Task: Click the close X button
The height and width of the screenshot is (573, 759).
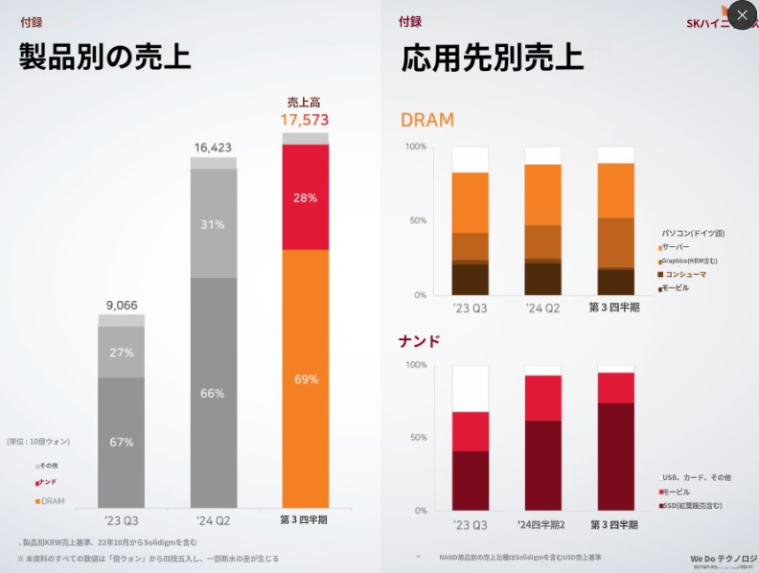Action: point(742,15)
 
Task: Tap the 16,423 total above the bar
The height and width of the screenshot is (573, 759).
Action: point(213,148)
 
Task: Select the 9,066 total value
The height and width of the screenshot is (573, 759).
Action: point(122,306)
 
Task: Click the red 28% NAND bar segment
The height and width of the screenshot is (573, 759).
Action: point(306,196)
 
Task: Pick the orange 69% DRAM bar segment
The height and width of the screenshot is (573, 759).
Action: point(306,378)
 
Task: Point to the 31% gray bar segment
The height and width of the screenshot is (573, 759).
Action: point(213,224)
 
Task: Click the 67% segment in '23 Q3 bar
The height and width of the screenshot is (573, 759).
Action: point(122,442)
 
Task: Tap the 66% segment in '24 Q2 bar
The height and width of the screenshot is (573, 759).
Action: point(213,393)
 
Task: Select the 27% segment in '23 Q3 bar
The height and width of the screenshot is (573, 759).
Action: point(122,352)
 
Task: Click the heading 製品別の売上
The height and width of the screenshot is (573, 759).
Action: point(104,57)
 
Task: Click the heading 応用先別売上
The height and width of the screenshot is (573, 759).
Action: point(492,57)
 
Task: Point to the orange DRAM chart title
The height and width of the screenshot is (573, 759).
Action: point(426,121)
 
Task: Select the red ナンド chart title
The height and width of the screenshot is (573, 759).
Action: point(419,340)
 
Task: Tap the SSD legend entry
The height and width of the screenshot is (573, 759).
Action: point(692,505)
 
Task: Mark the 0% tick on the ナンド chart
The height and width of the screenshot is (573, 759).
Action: point(419,510)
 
